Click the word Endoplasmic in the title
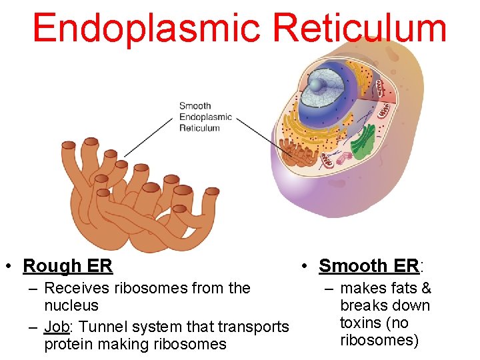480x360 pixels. click(145, 29)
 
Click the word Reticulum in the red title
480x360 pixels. click(360, 29)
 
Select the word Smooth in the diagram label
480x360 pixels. click(195, 105)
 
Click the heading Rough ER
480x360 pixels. click(67, 266)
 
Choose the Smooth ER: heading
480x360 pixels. click(371, 266)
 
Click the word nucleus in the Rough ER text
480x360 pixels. click(71, 306)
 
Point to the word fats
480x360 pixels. click(401, 289)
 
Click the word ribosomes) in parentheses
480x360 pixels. click(379, 341)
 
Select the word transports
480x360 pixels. click(256, 327)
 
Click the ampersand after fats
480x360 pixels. click(425, 289)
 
